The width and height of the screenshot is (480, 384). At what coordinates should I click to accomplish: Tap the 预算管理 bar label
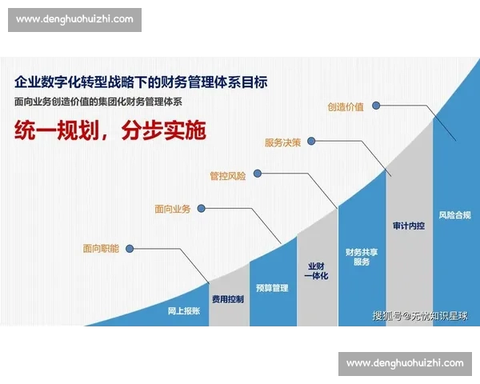(272, 288)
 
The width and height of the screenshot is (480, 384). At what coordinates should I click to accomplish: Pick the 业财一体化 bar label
(317, 270)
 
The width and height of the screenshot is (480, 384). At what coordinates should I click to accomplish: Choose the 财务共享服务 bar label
(362, 257)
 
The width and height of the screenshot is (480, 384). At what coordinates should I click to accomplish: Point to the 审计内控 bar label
(409, 226)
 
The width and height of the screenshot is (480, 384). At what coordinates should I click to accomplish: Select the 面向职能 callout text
(100, 249)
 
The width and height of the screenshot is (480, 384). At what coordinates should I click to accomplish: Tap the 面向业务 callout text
(172, 209)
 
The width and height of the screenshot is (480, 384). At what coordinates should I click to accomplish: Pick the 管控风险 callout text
(227, 175)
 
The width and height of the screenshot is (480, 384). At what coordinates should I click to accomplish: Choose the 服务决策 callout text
(282, 142)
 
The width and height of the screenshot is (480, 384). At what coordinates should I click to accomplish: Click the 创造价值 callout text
(346, 106)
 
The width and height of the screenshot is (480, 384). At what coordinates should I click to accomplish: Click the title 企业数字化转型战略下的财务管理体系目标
(140, 82)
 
